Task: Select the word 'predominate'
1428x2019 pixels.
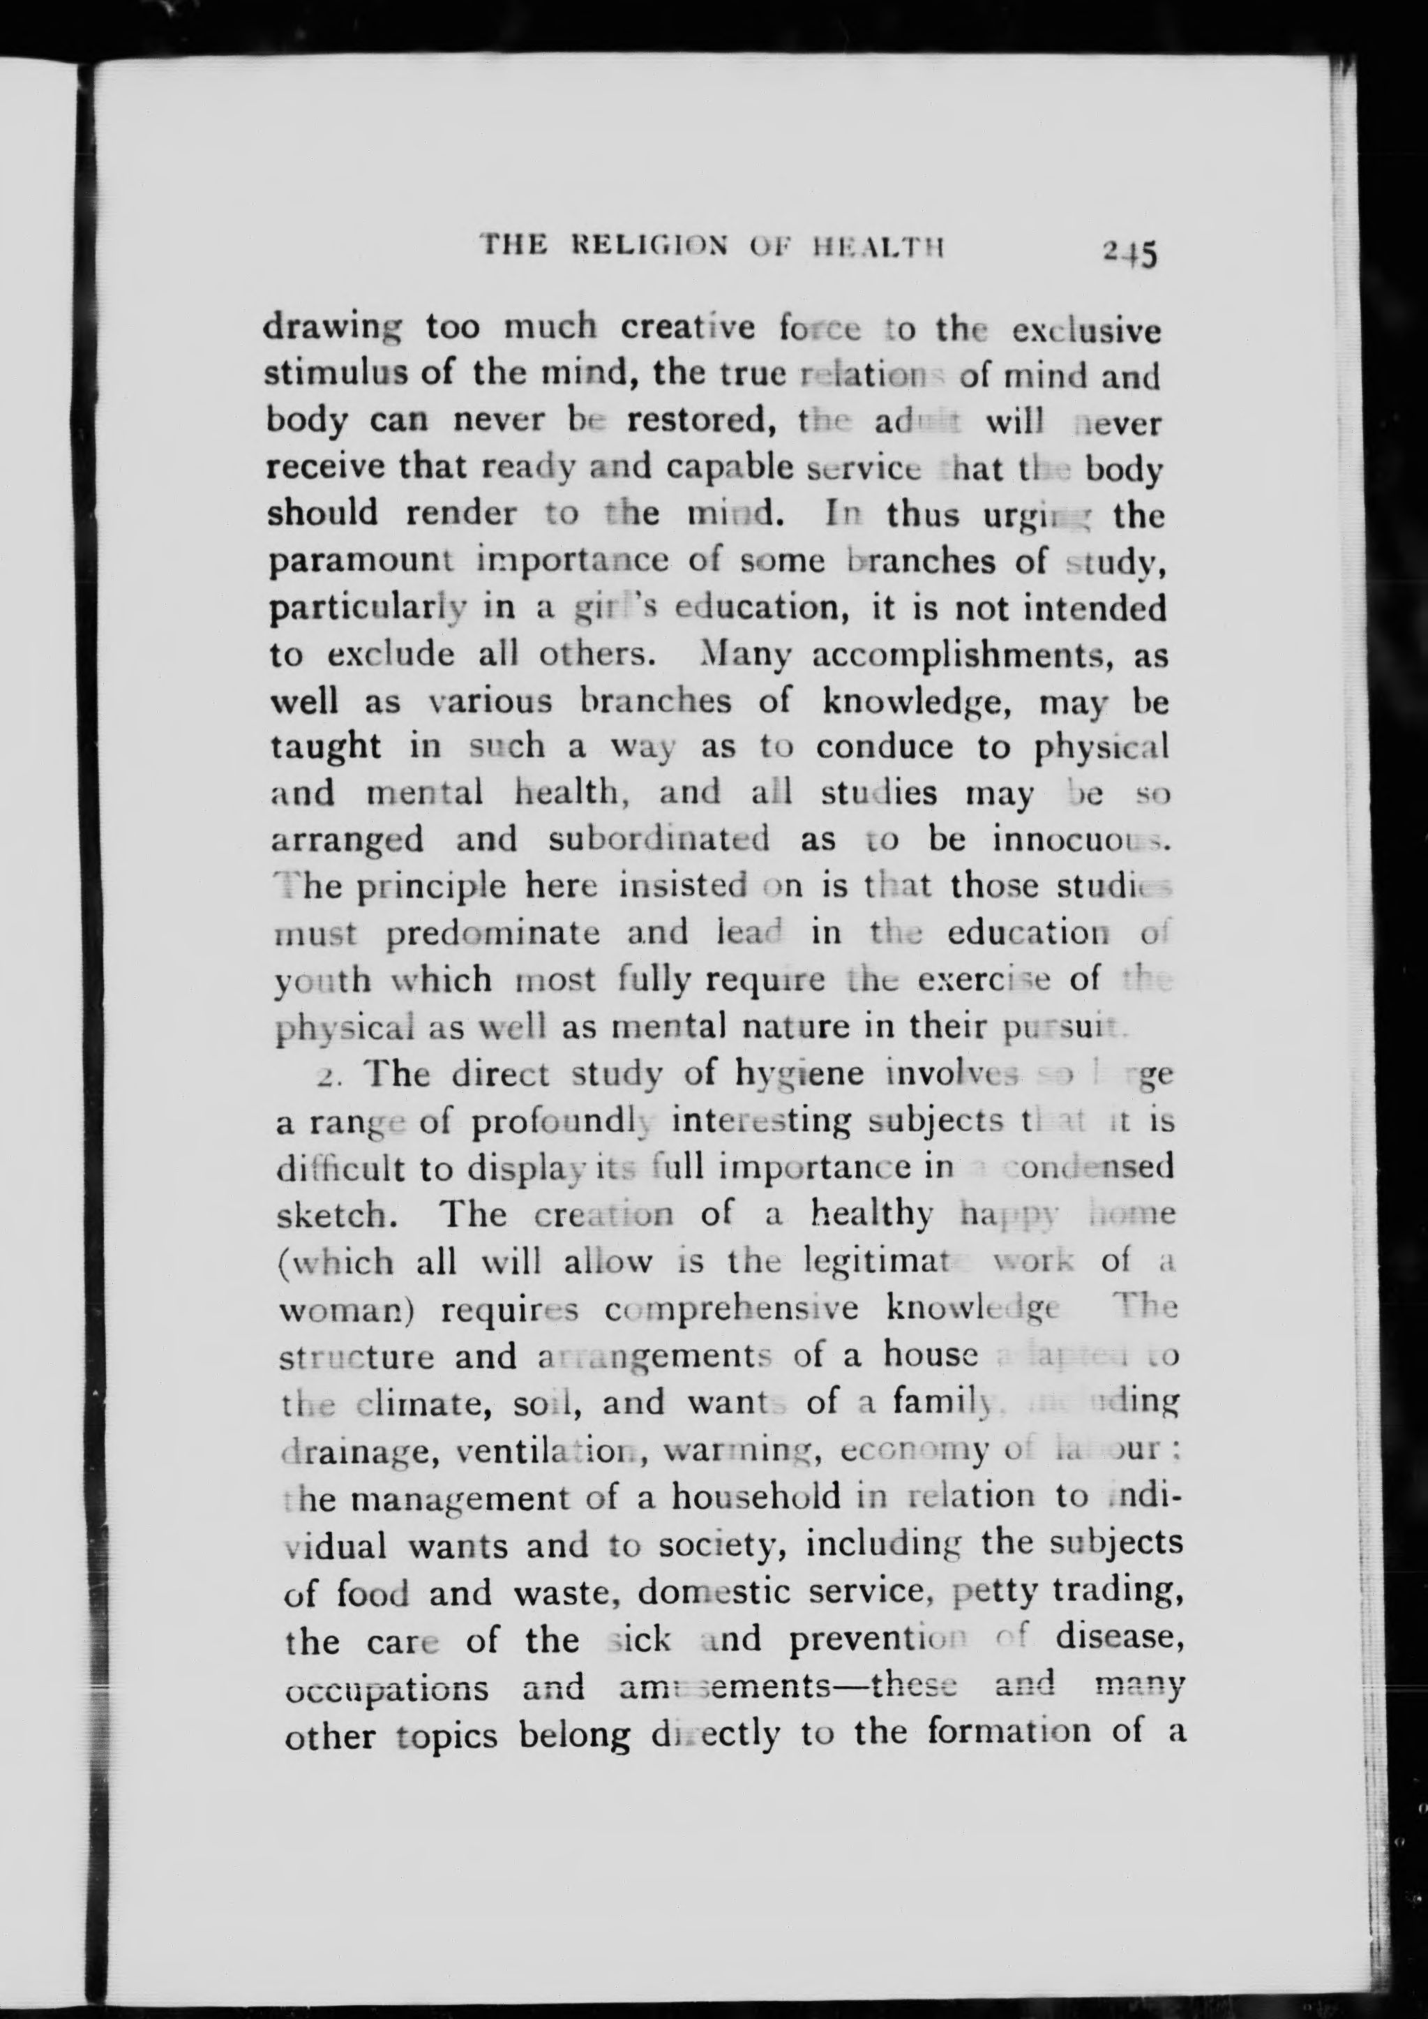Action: (x=493, y=933)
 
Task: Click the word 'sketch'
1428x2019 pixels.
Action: (x=331, y=1216)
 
